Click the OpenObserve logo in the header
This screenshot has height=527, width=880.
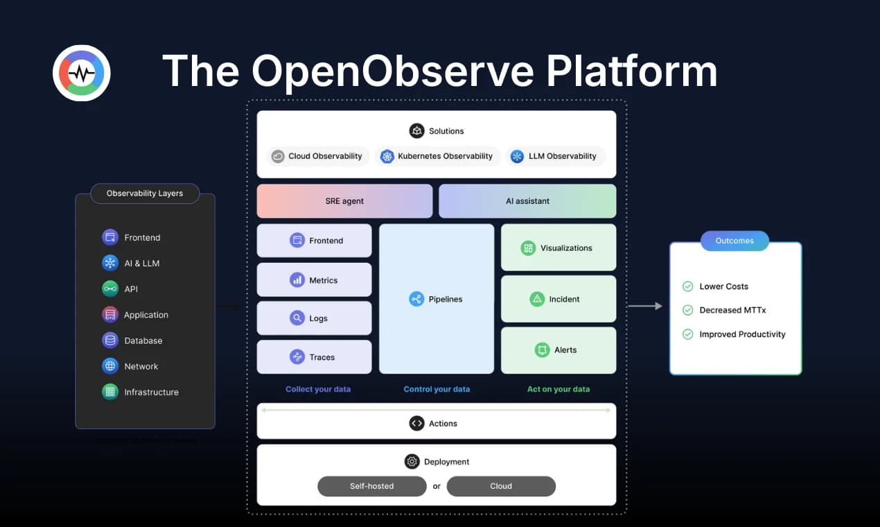[x=82, y=73]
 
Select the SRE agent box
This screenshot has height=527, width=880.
[x=344, y=201]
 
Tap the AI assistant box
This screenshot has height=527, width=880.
[x=527, y=201]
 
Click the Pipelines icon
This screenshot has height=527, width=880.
[x=416, y=300]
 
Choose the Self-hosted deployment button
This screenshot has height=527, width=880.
[x=371, y=486]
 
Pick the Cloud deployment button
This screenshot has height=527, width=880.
[x=501, y=486]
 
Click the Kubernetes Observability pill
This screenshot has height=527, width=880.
[x=437, y=156]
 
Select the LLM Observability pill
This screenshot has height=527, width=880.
[x=555, y=156]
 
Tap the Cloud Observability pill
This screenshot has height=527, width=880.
[x=317, y=156]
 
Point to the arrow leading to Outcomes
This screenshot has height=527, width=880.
[x=644, y=306]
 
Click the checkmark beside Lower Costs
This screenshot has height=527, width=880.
[x=688, y=286]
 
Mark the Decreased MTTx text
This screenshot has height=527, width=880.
[x=732, y=310]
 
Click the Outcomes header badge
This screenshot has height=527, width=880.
[x=734, y=241]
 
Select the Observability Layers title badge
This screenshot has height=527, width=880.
[x=145, y=193]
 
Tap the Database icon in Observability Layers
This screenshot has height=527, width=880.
[x=109, y=340]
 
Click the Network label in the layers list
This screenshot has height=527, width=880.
[x=141, y=366]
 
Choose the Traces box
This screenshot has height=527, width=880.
[x=314, y=357]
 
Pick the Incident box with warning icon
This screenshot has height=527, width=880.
[x=558, y=299]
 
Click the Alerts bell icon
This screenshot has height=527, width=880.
[x=542, y=350]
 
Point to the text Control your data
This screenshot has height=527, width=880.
[x=437, y=389]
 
